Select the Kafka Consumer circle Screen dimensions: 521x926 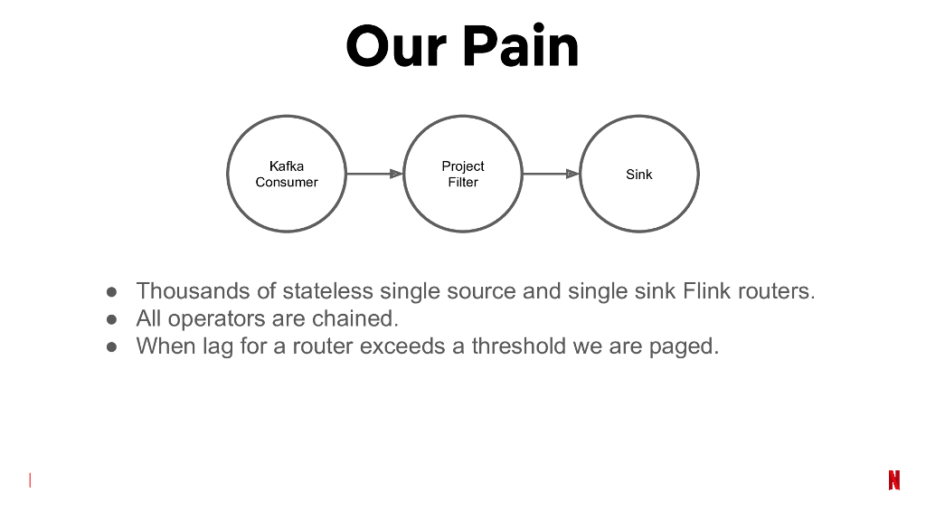(287, 174)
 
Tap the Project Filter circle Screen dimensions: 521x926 (463, 174)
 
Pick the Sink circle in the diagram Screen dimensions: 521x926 (639, 174)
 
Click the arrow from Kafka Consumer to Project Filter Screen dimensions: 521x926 (374, 174)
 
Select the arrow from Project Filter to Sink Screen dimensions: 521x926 (551, 174)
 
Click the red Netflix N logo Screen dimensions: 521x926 (893, 480)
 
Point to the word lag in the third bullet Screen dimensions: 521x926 (218, 346)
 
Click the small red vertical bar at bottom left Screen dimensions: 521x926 (30, 480)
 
